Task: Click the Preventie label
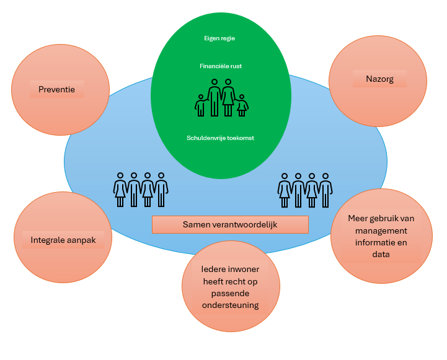tap(57, 89)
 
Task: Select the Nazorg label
tap(379, 79)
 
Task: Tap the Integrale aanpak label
tap(63, 239)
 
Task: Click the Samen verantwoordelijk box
tap(230, 224)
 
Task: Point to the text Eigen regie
tap(219, 38)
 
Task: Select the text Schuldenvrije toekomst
tap(220, 138)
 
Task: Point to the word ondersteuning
tap(230, 305)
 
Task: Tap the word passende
tap(230, 294)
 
